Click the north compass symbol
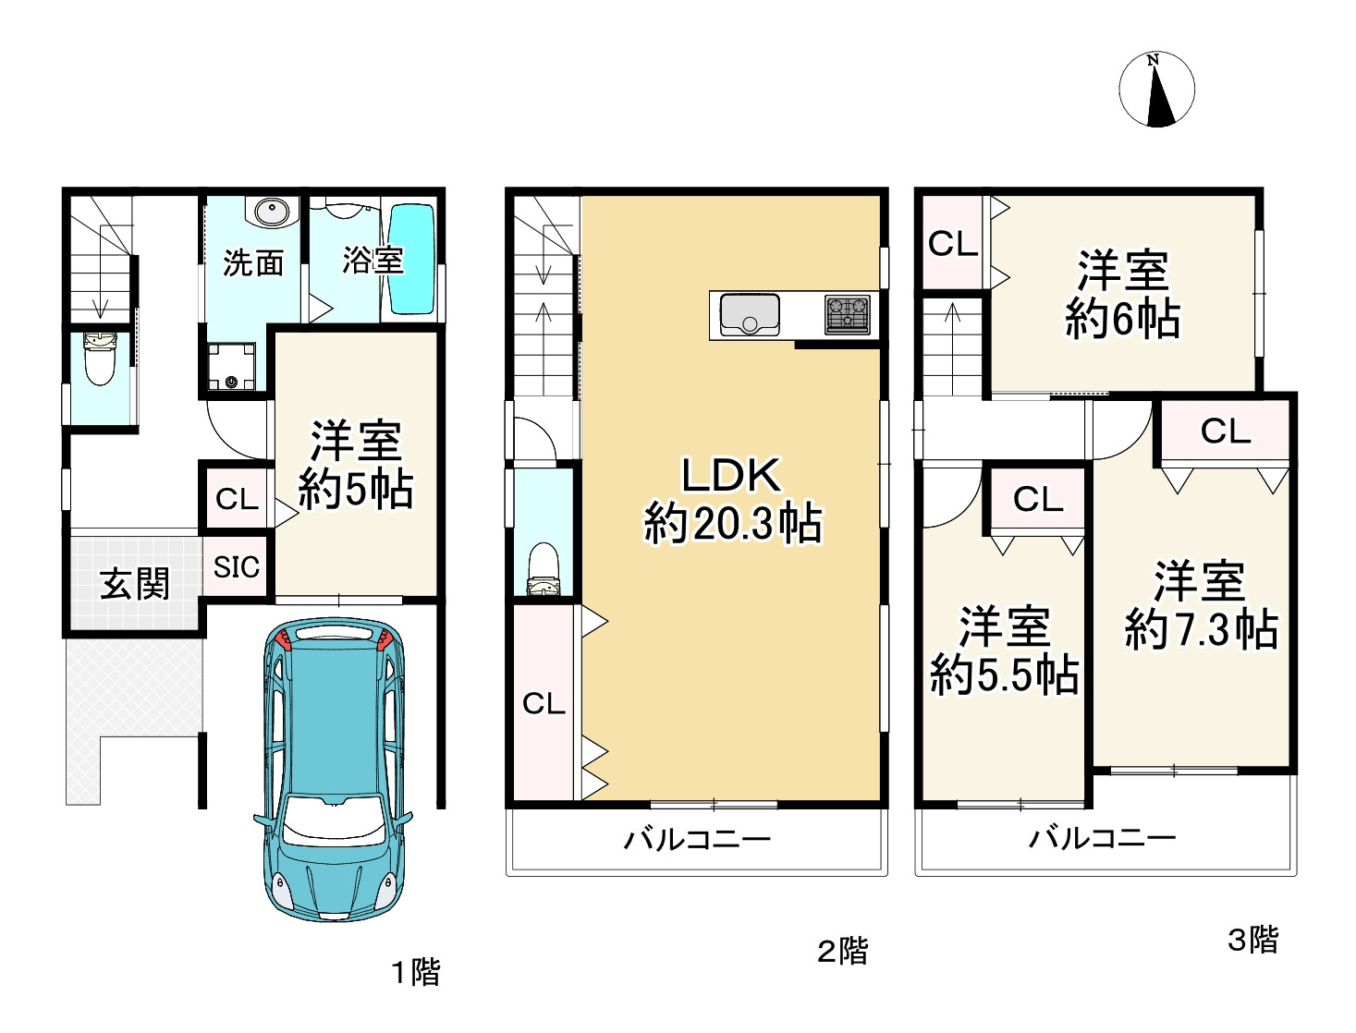[x=1156, y=90]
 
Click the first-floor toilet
[x=99, y=360]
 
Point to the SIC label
[x=237, y=566]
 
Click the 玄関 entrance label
[x=135, y=584]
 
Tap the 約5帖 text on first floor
[x=356, y=490]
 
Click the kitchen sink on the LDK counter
[x=748, y=314]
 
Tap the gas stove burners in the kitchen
[x=848, y=313]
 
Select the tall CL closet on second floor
[x=544, y=703]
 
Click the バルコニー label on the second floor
[x=697, y=840]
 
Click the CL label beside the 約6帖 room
[x=953, y=244]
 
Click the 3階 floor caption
[x=1252, y=940]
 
